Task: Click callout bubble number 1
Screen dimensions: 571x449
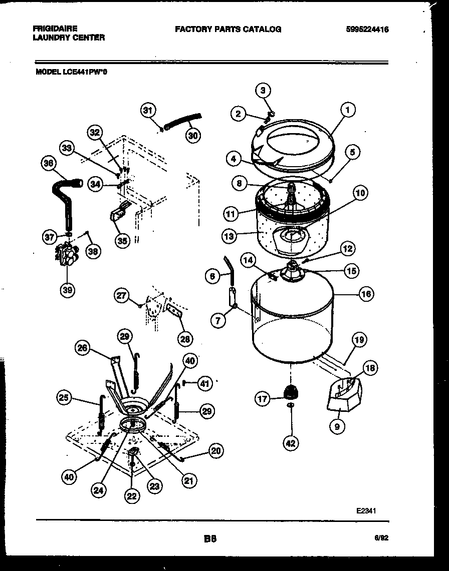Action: click(347, 109)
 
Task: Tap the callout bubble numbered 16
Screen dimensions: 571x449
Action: click(366, 294)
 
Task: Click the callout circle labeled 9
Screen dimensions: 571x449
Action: click(337, 427)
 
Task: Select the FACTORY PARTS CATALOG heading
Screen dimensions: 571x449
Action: click(228, 29)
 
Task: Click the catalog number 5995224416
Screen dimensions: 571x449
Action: click(367, 30)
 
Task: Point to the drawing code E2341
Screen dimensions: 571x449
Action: click(366, 511)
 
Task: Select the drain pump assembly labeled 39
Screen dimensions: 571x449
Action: click(67, 254)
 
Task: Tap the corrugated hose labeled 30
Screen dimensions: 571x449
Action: click(182, 122)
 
